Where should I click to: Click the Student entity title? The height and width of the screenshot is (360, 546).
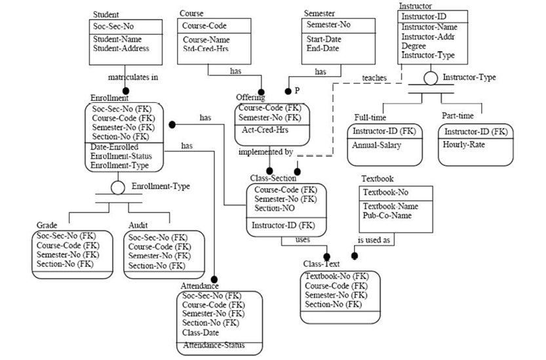pyautogui.click(x=106, y=14)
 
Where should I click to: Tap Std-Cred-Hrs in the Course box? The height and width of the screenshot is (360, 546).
pyautogui.click(x=206, y=49)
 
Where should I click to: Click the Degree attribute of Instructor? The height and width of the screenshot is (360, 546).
pyautogui.click(x=414, y=46)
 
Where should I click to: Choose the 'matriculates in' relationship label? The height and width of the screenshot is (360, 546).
pyautogui.click(x=132, y=77)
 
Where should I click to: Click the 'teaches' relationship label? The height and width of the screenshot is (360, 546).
pyautogui.click(x=374, y=78)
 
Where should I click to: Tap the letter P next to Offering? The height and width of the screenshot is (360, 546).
pyautogui.click(x=296, y=89)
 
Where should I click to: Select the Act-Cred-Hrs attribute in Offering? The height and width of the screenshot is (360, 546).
pyautogui.click(x=260, y=130)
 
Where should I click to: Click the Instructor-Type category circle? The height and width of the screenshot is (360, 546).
pyautogui.click(x=431, y=78)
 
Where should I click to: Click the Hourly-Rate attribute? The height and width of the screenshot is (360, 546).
pyautogui.click(x=463, y=145)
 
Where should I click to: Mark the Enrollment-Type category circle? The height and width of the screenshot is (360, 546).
pyautogui.click(x=118, y=188)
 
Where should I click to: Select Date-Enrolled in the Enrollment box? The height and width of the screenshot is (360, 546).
pyautogui.click(x=115, y=147)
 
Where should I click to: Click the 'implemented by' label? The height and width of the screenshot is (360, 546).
pyautogui.click(x=265, y=152)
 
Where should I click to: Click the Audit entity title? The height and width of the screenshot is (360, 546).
pyautogui.click(x=138, y=225)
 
